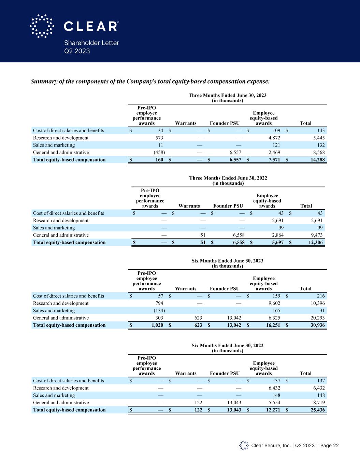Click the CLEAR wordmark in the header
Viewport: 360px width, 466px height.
coord(91,26)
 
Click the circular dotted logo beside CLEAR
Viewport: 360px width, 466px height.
coord(42,26)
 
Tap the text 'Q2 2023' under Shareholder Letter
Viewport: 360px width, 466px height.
coord(77,51)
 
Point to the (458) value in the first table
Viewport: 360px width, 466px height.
coord(158,152)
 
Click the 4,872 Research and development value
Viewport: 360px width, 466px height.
coord(273,138)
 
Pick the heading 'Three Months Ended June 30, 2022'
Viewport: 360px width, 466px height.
coord(228,178)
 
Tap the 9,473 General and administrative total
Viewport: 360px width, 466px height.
coord(315,235)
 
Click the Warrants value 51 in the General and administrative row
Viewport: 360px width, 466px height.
coord(203,235)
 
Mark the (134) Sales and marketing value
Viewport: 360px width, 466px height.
coord(158,311)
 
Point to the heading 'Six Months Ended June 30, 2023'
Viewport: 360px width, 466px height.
coord(227,261)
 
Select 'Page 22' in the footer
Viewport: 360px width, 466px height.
coord(329,446)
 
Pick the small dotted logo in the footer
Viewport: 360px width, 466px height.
coord(244,446)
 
